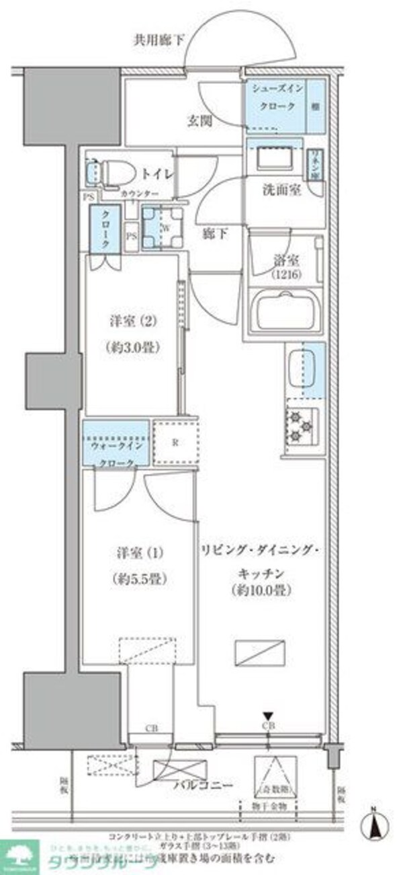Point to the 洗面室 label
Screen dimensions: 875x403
(x=281, y=190)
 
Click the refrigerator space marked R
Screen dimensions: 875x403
(x=175, y=443)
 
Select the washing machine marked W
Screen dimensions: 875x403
(x=163, y=226)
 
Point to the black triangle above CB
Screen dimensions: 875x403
(x=268, y=716)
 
